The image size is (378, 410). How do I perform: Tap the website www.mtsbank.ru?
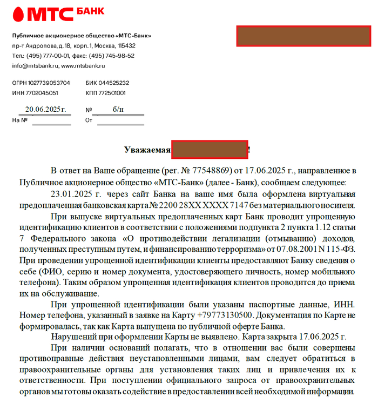pyautogui.click(x=83, y=66)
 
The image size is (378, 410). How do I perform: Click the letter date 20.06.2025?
pyautogui.click(x=45, y=109)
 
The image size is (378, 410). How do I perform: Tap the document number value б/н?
pyautogui.click(x=118, y=109)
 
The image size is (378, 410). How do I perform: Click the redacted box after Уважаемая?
pyautogui.click(x=210, y=150)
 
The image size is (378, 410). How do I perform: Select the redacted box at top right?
pyautogui.click(x=302, y=36)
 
